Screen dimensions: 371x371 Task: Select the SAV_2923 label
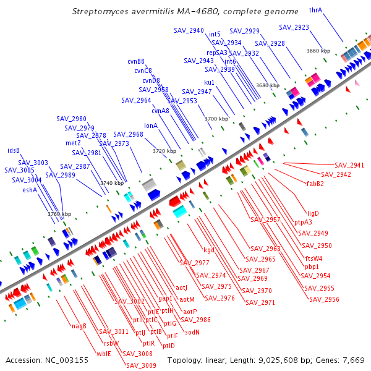[294, 27]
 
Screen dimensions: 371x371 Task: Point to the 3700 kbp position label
[216, 118]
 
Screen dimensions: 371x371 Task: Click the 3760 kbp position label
[59, 214]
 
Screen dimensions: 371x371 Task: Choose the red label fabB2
[315, 183]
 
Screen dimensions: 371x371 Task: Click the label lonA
[151, 126]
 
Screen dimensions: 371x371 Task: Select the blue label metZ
[73, 143]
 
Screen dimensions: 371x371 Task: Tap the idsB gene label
[14, 150]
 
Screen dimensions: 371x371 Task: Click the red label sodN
[192, 332]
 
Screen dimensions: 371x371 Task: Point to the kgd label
[209, 250]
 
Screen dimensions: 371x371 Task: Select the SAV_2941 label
[349, 165]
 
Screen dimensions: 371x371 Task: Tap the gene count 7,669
[352, 360]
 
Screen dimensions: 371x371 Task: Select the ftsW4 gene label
[313, 258]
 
